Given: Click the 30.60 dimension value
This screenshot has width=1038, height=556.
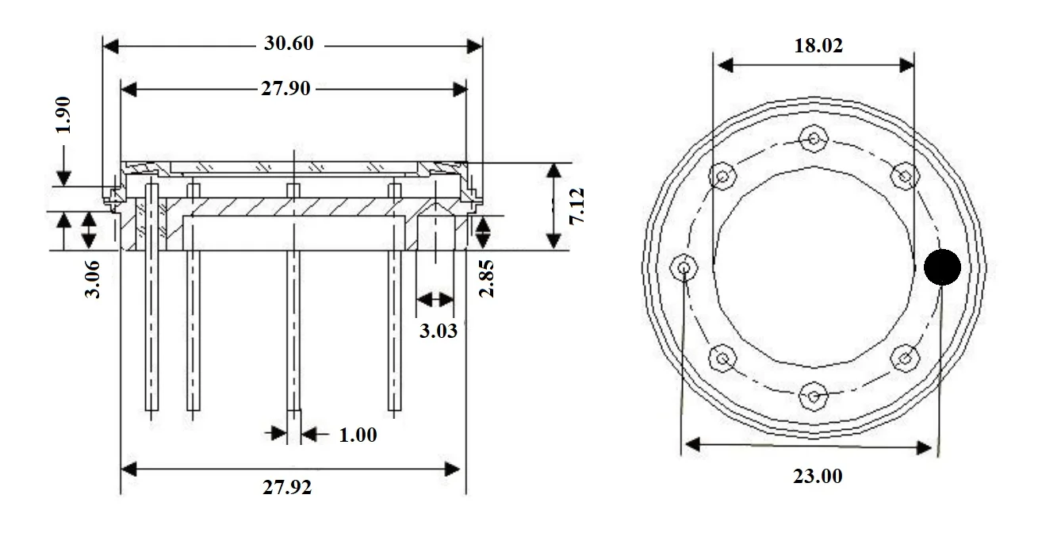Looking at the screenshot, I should click(289, 44).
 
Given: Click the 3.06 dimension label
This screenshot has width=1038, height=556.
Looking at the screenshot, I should click(93, 279).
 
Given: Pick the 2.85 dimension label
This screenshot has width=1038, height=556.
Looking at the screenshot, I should click(487, 278).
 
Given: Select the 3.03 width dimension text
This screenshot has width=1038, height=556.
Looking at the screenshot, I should click(438, 331).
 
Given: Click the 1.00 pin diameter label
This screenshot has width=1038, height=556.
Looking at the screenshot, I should click(358, 435).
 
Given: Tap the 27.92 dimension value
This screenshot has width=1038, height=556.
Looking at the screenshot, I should click(287, 487).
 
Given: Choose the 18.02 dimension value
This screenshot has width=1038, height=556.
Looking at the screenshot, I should click(818, 45).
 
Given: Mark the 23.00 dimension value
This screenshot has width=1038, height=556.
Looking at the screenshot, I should click(818, 476).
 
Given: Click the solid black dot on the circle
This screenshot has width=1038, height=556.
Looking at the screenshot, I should click(942, 267).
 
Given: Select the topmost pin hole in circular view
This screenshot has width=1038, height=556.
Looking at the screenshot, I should click(814, 139).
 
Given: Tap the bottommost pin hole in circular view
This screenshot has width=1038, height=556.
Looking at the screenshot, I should click(814, 394).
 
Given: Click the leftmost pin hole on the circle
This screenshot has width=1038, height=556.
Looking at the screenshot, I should click(683, 267).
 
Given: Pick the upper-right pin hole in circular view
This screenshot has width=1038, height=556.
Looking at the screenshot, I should click(904, 175).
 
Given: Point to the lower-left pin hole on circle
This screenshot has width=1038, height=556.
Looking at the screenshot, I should click(722, 359).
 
